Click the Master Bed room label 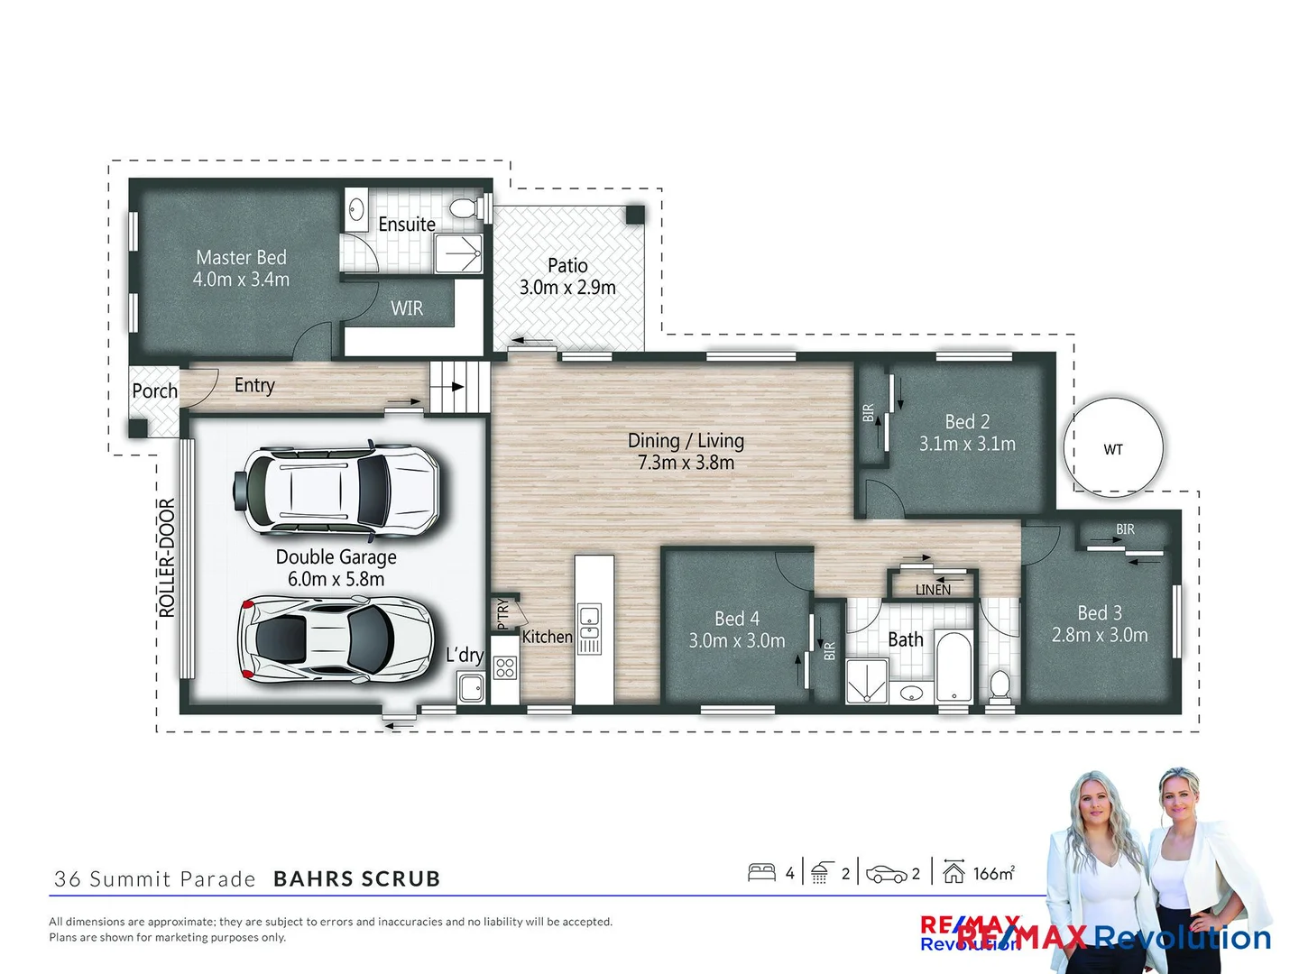click(241, 258)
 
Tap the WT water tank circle click(1113, 448)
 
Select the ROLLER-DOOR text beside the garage click(167, 557)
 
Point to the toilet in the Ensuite click(464, 209)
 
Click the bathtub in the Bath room click(953, 667)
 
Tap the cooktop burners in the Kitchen click(505, 667)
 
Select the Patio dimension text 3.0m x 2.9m click(567, 288)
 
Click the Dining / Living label click(686, 441)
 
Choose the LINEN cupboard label click(933, 590)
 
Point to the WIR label click(407, 308)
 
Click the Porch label click(155, 391)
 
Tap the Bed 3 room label click(1100, 613)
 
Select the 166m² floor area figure click(993, 873)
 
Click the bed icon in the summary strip click(761, 872)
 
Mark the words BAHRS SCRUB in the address click(356, 878)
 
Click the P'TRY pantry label click(503, 613)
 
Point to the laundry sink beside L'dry click(471, 689)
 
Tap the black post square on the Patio click(635, 215)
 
